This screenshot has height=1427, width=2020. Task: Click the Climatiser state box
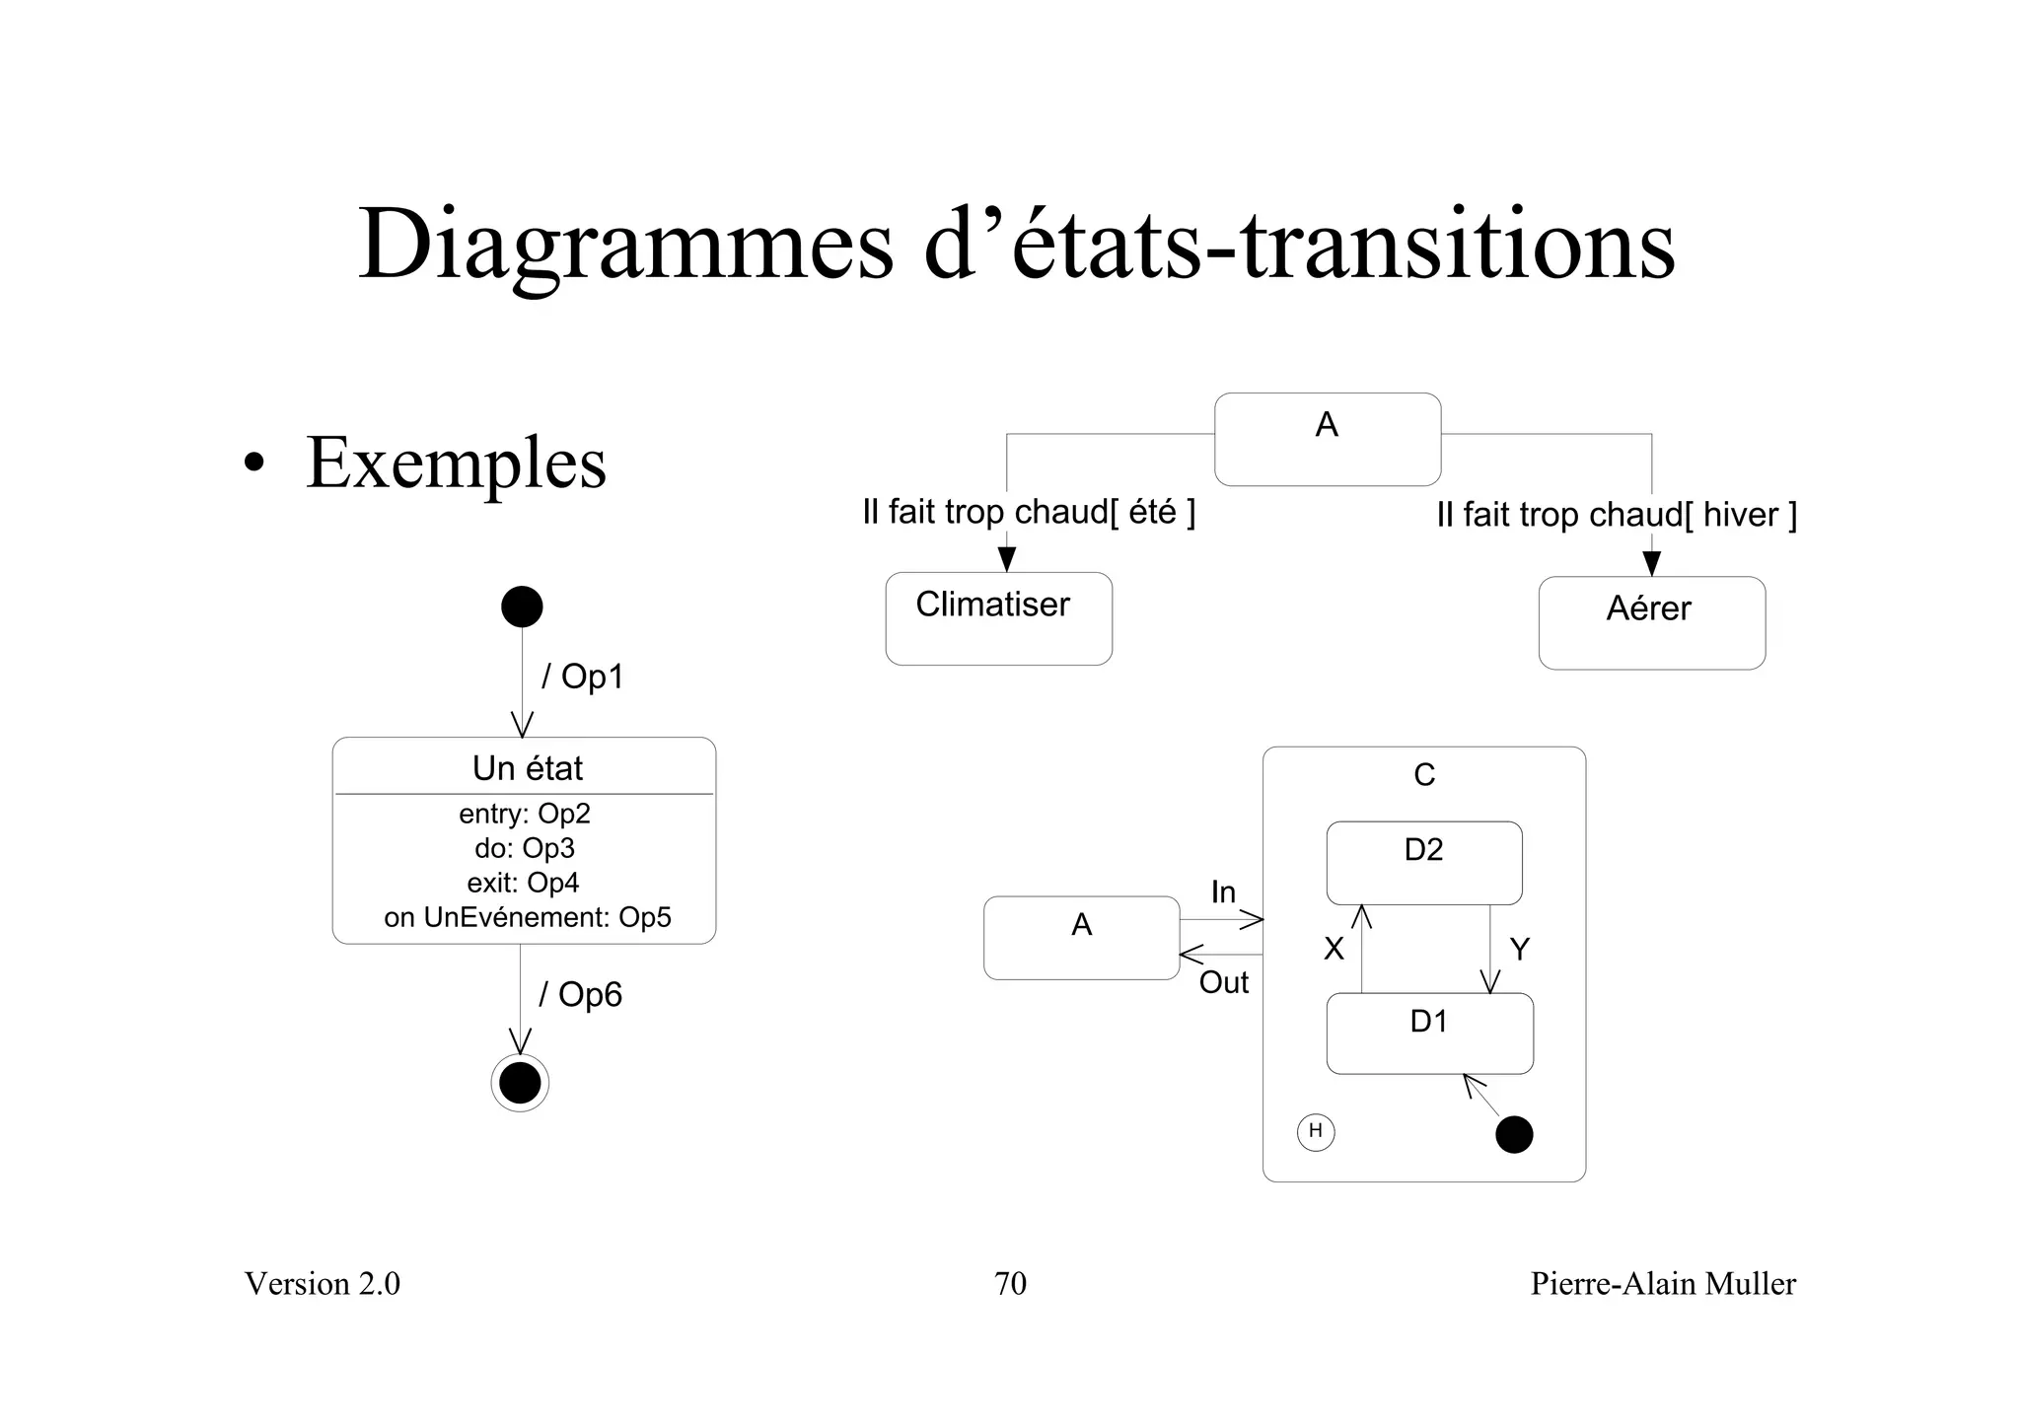(998, 618)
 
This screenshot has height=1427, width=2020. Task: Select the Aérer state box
(1651, 623)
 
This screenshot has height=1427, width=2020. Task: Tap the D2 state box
(1423, 863)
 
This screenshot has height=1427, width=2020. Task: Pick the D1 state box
(1429, 1033)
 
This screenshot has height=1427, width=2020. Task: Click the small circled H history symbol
(1315, 1131)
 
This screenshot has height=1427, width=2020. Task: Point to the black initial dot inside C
(1514, 1134)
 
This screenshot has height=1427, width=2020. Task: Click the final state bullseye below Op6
(520, 1083)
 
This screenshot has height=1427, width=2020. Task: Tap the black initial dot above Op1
(522, 606)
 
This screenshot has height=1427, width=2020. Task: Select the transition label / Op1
(582, 677)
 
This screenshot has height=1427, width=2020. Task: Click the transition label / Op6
(580, 994)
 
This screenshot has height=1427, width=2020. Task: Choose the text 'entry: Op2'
(524, 814)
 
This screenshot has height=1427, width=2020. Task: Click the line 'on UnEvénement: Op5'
(527, 917)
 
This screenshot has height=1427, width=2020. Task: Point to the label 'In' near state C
(1223, 892)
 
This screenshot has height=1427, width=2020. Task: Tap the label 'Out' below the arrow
(1223, 982)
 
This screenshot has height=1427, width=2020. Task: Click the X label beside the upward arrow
(1334, 949)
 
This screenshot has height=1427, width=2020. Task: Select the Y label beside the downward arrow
(1519, 949)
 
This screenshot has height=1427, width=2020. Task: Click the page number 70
(1010, 1283)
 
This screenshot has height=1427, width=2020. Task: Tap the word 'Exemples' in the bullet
(456, 463)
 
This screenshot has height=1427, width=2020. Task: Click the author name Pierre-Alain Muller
(1663, 1283)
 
